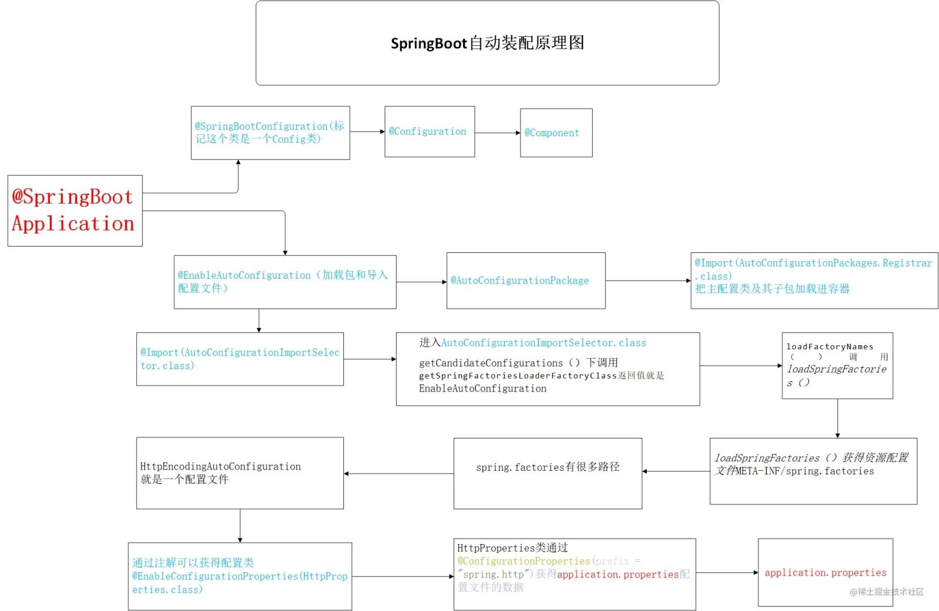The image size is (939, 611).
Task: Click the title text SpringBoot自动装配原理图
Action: (x=487, y=43)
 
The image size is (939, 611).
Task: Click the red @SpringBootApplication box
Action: (x=75, y=210)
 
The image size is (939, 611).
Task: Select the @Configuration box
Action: (x=429, y=131)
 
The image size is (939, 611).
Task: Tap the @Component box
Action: (x=556, y=133)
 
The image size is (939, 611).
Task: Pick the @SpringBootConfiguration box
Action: (x=270, y=133)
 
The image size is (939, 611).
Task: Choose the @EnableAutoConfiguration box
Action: (x=285, y=282)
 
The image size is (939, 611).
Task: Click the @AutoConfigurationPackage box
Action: (x=525, y=281)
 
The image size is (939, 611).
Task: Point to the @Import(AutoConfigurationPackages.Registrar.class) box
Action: (x=813, y=280)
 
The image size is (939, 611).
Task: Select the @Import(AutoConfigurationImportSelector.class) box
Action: (x=239, y=359)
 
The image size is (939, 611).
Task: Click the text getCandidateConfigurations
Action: (x=491, y=363)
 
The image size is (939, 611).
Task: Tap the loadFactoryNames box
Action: (x=837, y=365)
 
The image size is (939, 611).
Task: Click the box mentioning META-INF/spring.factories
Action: (x=813, y=471)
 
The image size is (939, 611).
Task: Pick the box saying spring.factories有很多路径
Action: (x=547, y=472)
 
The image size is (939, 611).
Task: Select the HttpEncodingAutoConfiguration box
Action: (x=239, y=472)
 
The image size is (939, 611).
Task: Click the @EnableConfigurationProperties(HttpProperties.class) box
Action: (x=239, y=576)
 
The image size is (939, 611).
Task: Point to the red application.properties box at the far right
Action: (x=825, y=572)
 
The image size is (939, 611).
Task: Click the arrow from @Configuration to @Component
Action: (x=497, y=133)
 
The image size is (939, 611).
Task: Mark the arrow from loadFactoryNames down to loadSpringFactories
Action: (x=837, y=418)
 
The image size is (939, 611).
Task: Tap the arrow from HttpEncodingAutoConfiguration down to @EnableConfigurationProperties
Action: (x=240, y=525)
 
